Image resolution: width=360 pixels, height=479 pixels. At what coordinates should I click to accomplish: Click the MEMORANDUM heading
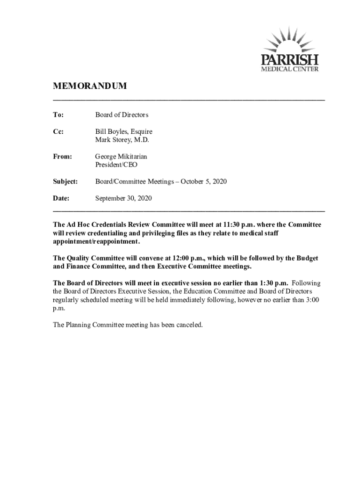click(x=90, y=87)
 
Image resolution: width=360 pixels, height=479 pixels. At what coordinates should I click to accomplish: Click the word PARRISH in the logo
click(x=290, y=60)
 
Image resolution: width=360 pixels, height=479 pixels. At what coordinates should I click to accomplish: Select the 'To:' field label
click(x=58, y=115)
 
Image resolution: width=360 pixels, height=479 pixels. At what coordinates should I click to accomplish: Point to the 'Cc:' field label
click(x=58, y=132)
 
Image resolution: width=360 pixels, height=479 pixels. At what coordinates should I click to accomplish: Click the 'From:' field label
click(x=63, y=157)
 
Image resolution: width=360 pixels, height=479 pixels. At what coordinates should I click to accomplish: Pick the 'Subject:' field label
click(x=65, y=181)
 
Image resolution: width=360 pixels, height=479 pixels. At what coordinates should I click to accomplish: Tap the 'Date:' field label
click(x=61, y=198)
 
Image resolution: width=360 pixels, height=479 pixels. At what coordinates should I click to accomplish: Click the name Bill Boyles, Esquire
click(x=124, y=132)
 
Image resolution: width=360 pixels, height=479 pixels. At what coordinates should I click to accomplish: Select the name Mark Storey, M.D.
click(x=122, y=140)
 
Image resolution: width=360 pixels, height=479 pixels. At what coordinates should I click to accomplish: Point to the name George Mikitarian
click(x=121, y=157)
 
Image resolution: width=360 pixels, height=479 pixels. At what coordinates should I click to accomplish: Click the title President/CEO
click(x=116, y=165)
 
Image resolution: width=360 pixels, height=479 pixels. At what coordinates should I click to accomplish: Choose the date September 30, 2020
click(x=124, y=198)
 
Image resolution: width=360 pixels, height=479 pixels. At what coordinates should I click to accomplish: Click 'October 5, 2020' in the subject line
click(x=204, y=181)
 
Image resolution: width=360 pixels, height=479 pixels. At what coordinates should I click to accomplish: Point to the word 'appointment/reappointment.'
click(x=96, y=241)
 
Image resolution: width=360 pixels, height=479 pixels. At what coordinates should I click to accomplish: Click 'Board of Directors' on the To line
click(x=122, y=115)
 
